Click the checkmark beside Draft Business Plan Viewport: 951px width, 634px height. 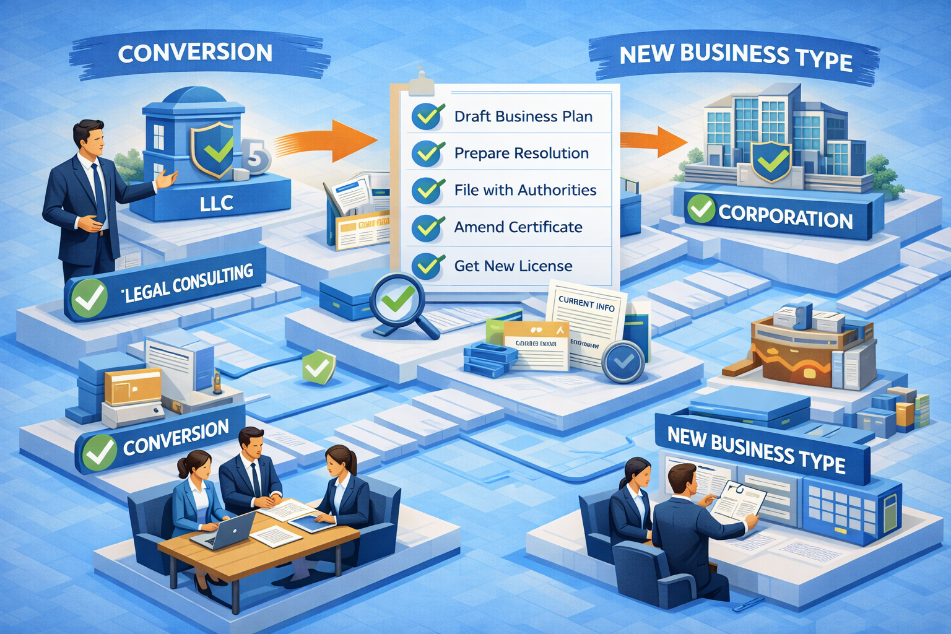tap(428, 116)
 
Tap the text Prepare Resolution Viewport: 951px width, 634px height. tap(521, 153)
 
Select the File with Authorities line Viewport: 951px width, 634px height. tap(525, 190)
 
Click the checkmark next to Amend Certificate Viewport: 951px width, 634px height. tap(428, 228)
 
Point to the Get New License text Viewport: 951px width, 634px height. tap(513, 266)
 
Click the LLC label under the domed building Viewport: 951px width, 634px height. tap(216, 202)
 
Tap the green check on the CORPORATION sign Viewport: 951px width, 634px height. tap(701, 209)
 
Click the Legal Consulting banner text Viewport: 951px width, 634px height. tap(189, 283)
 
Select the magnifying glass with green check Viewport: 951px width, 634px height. tap(397, 300)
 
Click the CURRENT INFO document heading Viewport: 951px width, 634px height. tap(586, 303)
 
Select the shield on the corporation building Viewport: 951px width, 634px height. tap(770, 161)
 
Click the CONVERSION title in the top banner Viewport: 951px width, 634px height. tap(195, 53)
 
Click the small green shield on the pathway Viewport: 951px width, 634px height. tap(318, 367)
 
